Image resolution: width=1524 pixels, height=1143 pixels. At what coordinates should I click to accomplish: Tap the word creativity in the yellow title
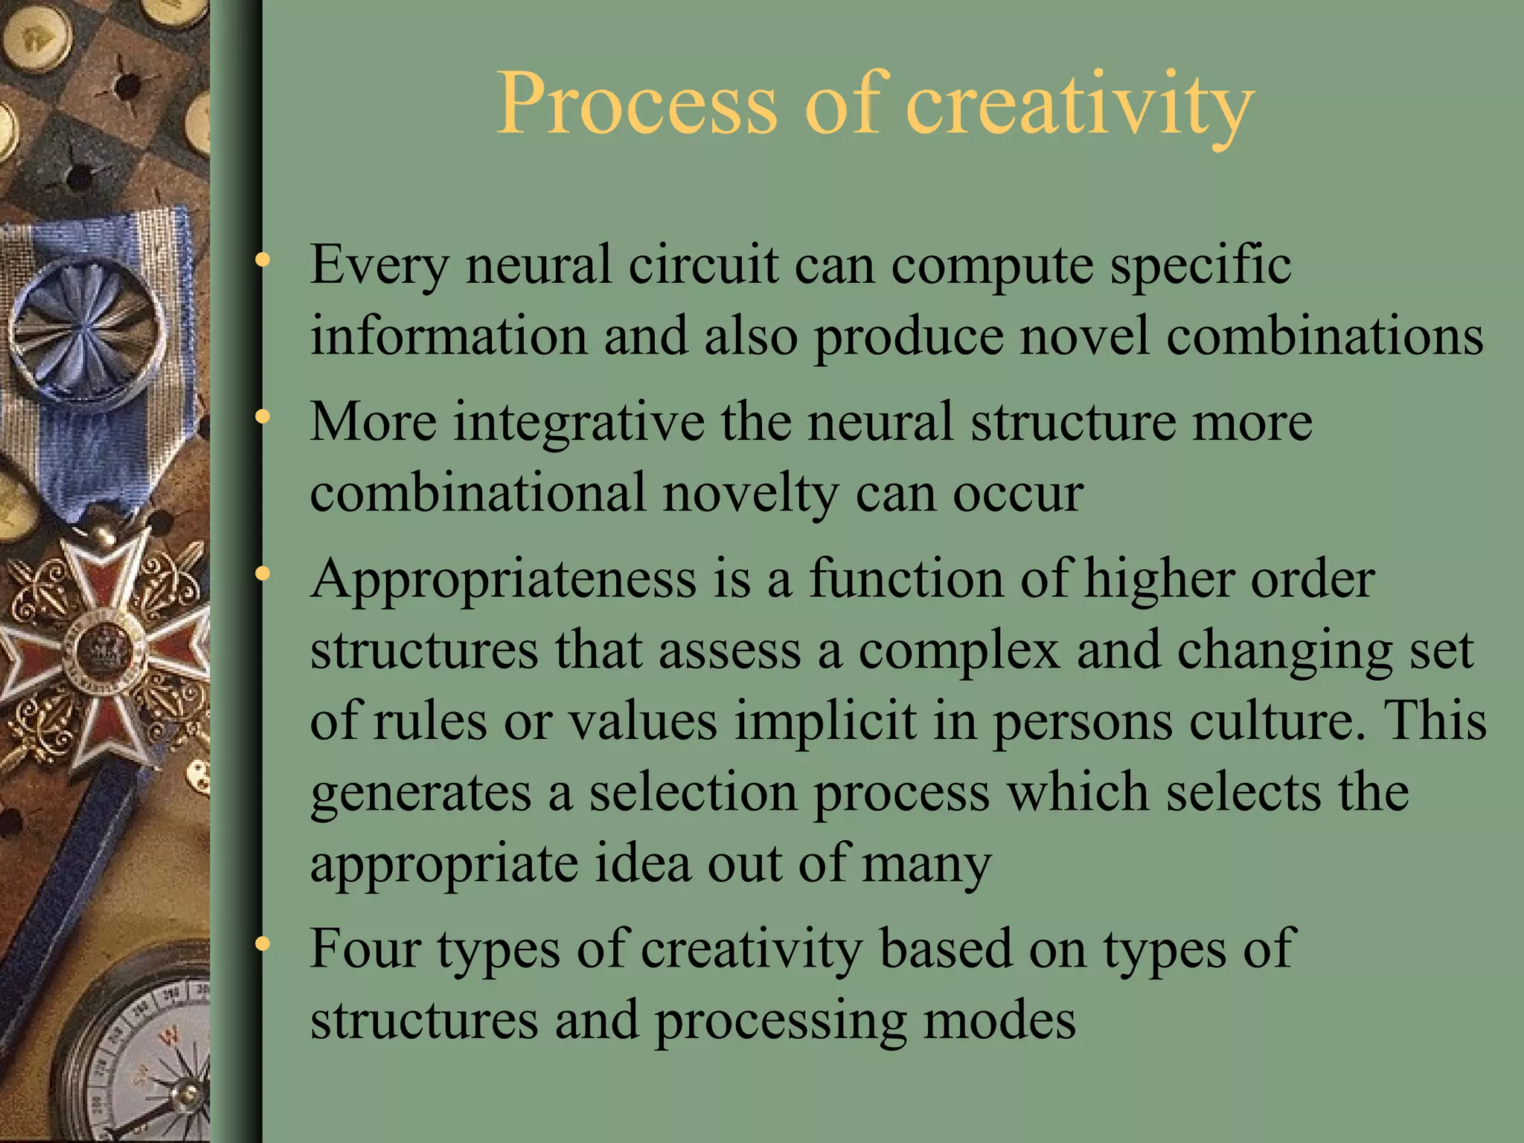coord(1080,105)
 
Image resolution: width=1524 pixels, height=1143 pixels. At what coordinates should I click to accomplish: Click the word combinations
coord(1325,336)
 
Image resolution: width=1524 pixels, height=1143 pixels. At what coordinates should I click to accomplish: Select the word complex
coord(958,650)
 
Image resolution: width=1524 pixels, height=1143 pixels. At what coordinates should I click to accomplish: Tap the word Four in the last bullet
coord(365,949)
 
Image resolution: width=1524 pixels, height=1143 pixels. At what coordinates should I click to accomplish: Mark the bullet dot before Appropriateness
coord(262,574)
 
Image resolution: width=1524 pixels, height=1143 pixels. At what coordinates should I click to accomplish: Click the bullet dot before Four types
coord(262,944)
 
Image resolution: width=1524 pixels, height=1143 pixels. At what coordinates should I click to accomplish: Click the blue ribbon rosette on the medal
coord(88,327)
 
